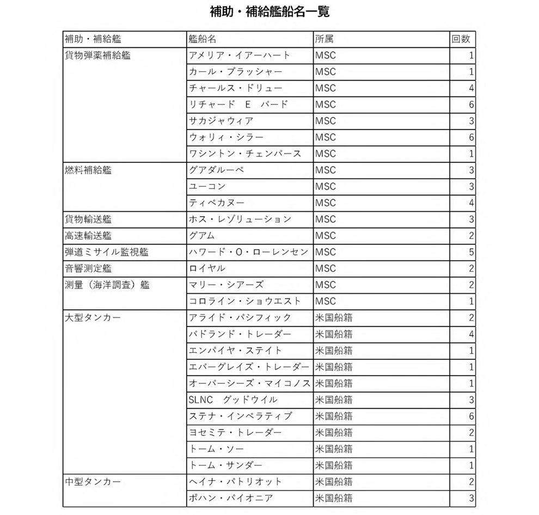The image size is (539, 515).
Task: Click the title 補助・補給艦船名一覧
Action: [x=269, y=11]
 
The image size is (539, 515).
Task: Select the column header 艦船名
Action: [x=203, y=39]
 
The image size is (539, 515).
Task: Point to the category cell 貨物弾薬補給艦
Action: [x=97, y=55]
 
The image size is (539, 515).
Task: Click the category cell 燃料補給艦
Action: [x=88, y=170]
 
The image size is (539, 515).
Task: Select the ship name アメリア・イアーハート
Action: [x=240, y=55]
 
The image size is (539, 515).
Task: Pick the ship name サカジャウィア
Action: [x=221, y=121]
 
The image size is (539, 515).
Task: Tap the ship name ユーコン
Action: [x=207, y=186]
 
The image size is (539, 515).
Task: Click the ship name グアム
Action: [x=202, y=236]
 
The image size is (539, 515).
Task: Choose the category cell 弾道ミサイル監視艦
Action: [x=107, y=252]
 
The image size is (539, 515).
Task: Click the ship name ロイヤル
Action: [x=207, y=268]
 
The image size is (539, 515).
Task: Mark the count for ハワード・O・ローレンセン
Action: [x=471, y=252]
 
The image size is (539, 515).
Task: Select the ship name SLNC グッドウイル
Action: [x=233, y=400]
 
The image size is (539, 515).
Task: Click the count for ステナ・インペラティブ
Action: [x=471, y=416]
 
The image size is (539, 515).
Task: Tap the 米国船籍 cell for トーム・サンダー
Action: [x=334, y=465]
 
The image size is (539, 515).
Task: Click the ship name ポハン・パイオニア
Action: [x=231, y=498]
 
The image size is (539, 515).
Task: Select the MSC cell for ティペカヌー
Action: [x=326, y=203]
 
